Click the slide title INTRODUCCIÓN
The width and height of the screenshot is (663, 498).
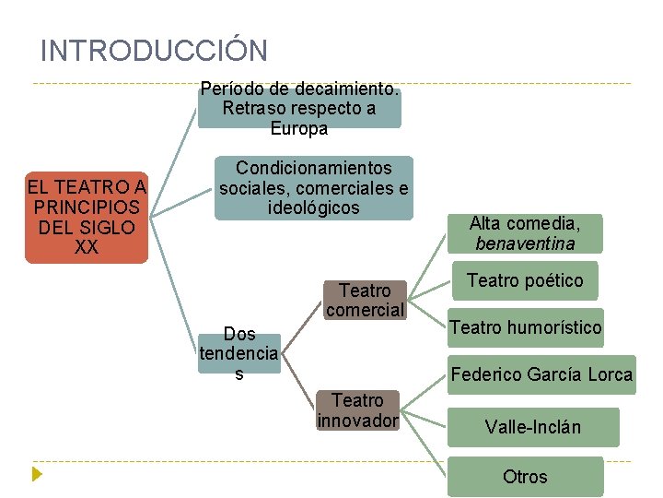[154, 50]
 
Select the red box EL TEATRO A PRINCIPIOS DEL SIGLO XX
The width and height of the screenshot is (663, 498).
[87, 218]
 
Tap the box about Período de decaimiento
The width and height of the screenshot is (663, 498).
[299, 109]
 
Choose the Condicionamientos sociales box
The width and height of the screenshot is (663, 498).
[314, 188]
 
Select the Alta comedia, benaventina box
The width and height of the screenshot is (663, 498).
[524, 233]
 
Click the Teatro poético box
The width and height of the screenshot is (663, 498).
[524, 280]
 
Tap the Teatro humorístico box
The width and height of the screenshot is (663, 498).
[525, 327]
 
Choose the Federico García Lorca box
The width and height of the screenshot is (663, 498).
[541, 374]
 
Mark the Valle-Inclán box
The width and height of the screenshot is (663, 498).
[533, 427]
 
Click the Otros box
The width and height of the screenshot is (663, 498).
[525, 477]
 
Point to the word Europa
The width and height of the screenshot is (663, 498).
[299, 129]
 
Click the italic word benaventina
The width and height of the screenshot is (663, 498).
[525, 244]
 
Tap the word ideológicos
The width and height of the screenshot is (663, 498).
[313, 208]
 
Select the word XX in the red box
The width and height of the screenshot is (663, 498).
[87, 248]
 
